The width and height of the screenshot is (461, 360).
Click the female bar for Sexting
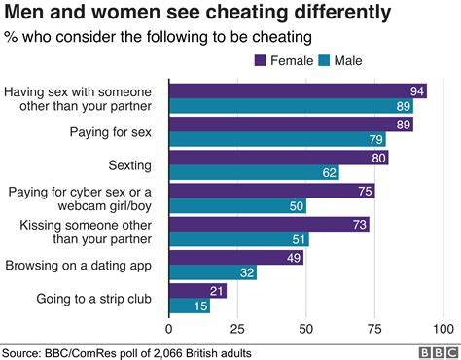pos(278,158)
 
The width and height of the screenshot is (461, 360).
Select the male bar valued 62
pos(254,173)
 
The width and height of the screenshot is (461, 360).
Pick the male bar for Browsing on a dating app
pos(213,273)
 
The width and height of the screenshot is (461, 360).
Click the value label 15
pos(201,306)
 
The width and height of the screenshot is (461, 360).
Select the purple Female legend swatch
pos(262,60)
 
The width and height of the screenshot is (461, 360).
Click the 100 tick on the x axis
pos(443,327)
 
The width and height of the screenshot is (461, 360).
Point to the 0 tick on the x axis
pos(169,327)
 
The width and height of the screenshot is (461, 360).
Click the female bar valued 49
pos(236,257)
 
